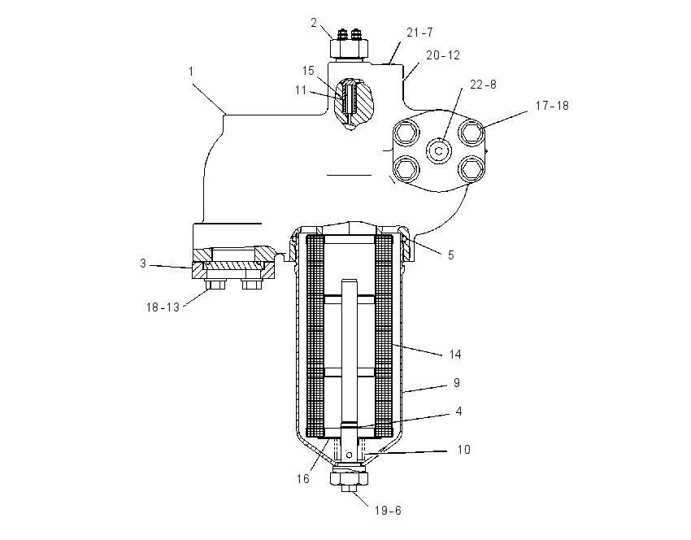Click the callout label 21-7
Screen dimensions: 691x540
point(419,33)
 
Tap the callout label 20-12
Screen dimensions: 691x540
point(443,55)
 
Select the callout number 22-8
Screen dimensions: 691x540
point(483,85)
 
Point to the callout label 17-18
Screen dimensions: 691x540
point(552,106)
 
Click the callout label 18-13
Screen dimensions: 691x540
point(163,307)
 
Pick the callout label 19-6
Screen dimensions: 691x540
point(388,511)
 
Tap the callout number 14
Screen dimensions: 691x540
point(455,354)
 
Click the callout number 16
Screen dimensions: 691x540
point(303,479)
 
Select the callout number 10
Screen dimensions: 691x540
point(464,449)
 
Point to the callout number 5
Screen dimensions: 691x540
point(451,255)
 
